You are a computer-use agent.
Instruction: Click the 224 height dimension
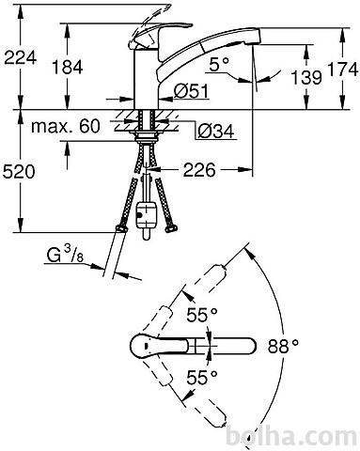[x=21, y=57]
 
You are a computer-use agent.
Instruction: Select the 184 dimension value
[x=68, y=67]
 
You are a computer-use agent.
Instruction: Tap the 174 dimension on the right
[x=343, y=70]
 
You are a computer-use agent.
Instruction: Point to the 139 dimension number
[x=306, y=77]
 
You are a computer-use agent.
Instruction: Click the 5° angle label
[x=219, y=65]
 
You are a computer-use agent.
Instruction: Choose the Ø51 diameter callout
[x=191, y=91]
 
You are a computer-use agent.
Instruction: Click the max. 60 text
[x=66, y=126]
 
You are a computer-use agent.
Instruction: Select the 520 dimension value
[x=19, y=172]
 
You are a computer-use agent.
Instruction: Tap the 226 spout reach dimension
[x=199, y=170]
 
